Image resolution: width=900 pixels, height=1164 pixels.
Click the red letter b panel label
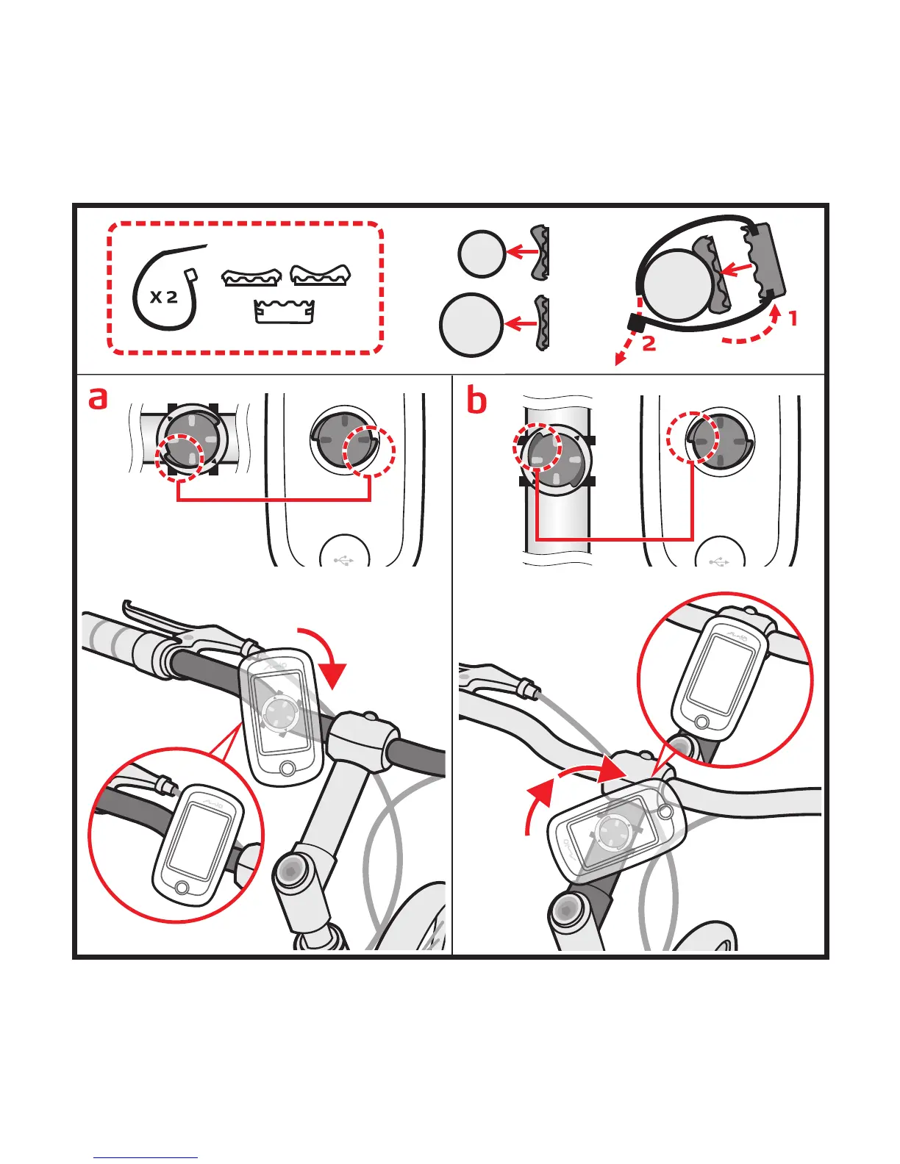(476, 400)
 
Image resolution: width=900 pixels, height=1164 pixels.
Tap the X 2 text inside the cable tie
(163, 297)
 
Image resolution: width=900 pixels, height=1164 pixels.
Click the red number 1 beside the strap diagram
(793, 319)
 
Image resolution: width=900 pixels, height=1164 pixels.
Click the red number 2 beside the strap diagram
(649, 343)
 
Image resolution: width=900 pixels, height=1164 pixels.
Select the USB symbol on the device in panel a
(343, 560)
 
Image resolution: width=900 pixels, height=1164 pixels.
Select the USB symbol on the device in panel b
(718, 561)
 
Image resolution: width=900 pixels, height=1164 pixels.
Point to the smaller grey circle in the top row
(481, 254)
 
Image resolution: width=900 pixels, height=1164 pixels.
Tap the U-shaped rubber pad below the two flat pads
(285, 311)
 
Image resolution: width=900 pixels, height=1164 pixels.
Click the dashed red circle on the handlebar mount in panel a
(179, 456)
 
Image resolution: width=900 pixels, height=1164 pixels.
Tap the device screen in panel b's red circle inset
(712, 671)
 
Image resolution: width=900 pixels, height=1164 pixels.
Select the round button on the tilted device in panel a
(287, 768)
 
